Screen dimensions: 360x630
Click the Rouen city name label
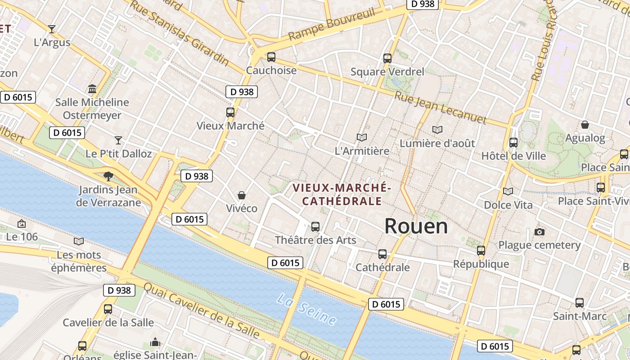416,226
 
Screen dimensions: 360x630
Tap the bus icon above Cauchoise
271,57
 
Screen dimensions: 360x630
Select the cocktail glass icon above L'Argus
52,29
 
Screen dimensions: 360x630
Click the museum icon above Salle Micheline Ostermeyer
92,89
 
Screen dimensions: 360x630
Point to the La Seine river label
307,309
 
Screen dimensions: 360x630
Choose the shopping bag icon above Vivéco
242,195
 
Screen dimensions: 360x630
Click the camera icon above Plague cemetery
540,232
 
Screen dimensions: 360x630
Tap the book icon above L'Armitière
361,137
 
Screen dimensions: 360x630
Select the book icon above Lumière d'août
437,130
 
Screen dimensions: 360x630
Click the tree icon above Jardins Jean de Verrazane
108,176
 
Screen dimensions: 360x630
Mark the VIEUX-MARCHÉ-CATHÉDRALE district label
342,194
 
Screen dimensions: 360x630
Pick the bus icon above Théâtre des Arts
315,226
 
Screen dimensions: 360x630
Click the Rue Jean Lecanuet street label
441,108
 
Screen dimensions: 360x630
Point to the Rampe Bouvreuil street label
332,23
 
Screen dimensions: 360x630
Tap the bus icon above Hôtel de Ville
513,143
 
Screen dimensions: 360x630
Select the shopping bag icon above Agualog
585,125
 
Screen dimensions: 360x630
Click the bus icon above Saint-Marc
580,303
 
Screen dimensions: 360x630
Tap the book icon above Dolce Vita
508,192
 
